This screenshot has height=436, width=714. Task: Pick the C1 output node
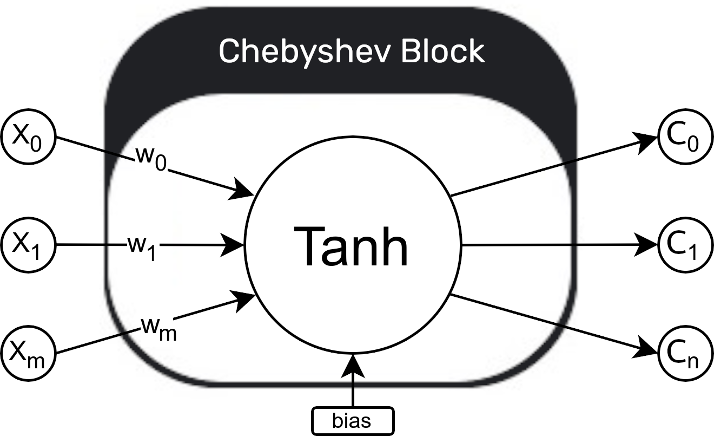(685, 245)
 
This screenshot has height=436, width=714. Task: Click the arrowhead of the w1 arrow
(236, 245)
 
